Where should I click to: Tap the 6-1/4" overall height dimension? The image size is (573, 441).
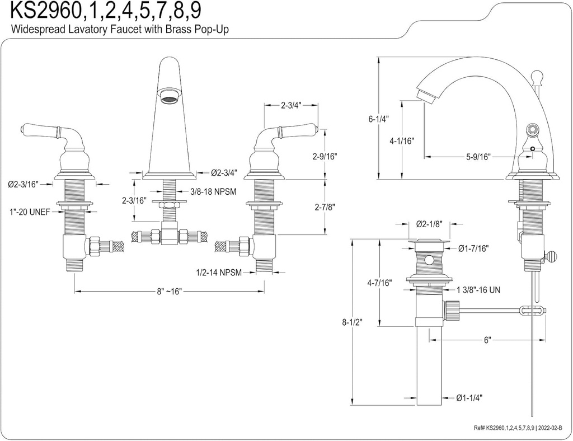(378, 119)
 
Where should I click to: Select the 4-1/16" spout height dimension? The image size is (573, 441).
(402, 141)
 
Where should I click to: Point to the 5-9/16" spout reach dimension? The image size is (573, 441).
(478, 157)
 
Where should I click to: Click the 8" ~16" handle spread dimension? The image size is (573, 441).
(168, 292)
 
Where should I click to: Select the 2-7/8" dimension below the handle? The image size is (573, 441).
(325, 207)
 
